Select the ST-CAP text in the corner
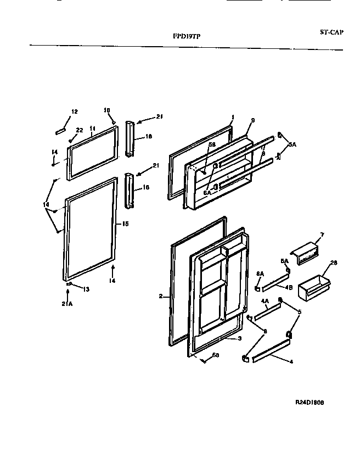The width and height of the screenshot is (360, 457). click(332, 32)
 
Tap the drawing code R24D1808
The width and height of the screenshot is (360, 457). click(309, 403)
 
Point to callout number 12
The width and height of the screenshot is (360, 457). click(75, 113)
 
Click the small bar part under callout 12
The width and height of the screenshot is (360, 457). click(60, 131)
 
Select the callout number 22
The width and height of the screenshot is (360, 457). click(80, 130)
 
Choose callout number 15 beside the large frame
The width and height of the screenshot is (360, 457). click(125, 224)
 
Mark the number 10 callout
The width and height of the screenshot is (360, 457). click(107, 110)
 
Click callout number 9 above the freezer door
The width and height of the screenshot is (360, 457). click(253, 120)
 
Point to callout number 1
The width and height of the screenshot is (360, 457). click(233, 117)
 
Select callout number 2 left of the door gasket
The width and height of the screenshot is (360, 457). click(161, 297)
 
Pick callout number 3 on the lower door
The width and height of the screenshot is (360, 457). click(240, 338)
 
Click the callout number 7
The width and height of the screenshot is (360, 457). click(322, 235)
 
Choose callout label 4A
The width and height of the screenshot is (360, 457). click(265, 301)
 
